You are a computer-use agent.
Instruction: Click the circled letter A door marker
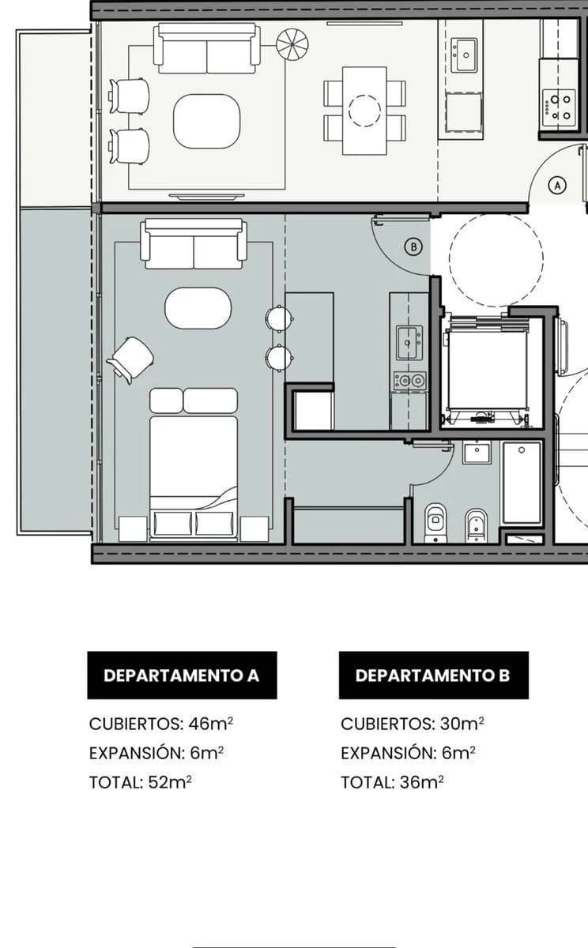click(557, 185)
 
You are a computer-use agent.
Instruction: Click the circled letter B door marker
click(413, 246)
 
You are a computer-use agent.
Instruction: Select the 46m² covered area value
click(211, 724)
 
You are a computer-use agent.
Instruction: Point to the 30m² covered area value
click(462, 724)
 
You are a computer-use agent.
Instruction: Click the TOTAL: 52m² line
click(140, 783)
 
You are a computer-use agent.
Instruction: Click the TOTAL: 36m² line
click(392, 783)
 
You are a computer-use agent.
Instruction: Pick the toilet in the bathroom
click(435, 523)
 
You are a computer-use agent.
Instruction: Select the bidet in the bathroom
click(477, 525)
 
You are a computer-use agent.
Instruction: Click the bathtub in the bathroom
click(522, 483)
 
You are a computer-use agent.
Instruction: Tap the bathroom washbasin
click(477, 453)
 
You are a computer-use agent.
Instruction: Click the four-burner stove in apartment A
click(559, 107)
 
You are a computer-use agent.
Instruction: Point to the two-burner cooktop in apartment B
click(409, 381)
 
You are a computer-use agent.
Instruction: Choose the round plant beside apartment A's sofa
click(292, 44)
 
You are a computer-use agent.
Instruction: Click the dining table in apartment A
click(364, 111)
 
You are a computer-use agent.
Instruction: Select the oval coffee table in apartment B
click(198, 308)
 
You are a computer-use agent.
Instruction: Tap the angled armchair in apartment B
click(130, 360)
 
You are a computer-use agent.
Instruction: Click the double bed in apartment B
click(194, 465)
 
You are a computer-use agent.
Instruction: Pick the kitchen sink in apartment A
click(464, 55)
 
